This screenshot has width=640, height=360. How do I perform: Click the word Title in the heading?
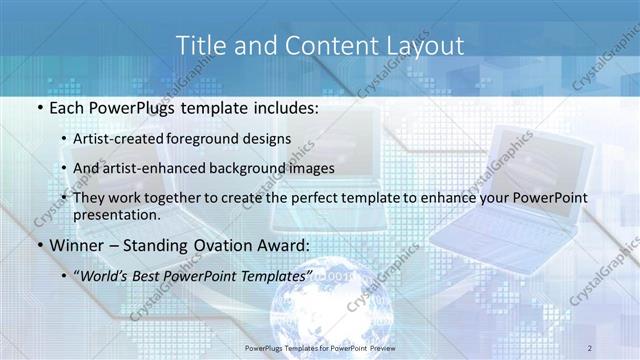[197, 45]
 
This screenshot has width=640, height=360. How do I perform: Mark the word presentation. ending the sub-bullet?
[117, 214]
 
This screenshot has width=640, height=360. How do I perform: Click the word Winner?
[72, 245]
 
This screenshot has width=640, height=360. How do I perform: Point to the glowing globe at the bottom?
[320, 310]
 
